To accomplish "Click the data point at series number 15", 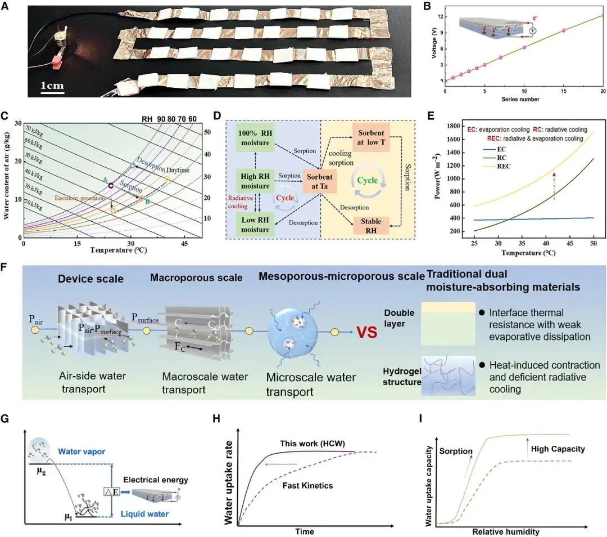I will (563, 30).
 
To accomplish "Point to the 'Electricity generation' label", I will (79, 198).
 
